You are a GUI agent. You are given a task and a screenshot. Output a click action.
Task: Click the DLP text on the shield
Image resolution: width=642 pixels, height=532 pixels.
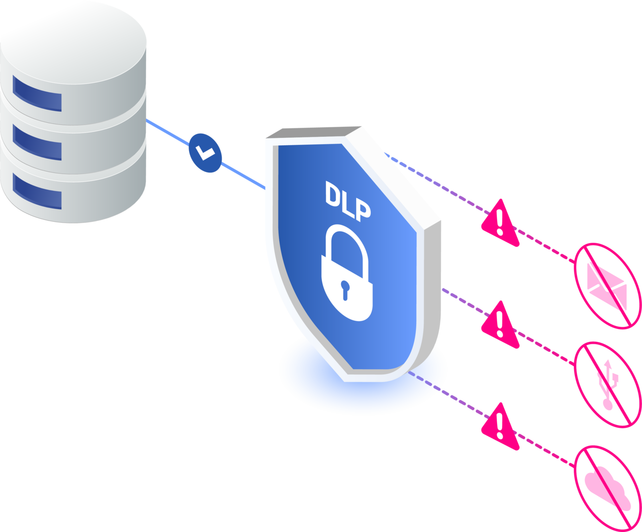point(348,199)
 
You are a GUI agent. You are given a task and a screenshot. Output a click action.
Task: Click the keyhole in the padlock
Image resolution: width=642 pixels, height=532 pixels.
point(345,289)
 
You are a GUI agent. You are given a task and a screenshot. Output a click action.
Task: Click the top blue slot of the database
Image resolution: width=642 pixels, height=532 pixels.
point(37,93)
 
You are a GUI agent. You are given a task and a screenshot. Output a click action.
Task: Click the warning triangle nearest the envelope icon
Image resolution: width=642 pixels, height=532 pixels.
point(499,223)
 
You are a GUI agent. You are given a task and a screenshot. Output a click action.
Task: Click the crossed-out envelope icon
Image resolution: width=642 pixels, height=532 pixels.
point(607,286)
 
